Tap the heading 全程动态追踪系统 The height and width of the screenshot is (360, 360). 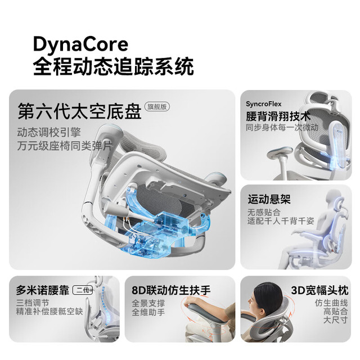coord(114,66)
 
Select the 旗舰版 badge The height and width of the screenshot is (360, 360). coord(157,106)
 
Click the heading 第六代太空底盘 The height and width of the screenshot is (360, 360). coord(79,111)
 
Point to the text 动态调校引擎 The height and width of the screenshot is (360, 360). coord(49,132)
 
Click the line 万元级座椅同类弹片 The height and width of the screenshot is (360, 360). coord(65,146)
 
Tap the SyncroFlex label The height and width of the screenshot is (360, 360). coord(264,104)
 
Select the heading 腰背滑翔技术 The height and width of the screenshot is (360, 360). coord(278,116)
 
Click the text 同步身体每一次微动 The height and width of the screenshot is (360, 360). coord(282,128)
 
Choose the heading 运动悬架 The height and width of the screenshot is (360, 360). coord(269,199)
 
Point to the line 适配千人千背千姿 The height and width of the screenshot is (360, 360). coord(281,221)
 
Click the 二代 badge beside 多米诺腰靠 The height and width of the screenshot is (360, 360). coord(83,290)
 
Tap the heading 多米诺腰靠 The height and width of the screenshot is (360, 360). coord(43,290)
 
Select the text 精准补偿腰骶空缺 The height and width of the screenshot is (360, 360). coord(49,312)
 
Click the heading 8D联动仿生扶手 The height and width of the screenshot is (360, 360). coord(171,290)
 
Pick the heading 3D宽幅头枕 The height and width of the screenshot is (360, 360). coord(319,290)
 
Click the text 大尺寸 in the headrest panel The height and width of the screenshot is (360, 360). coord(335,320)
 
